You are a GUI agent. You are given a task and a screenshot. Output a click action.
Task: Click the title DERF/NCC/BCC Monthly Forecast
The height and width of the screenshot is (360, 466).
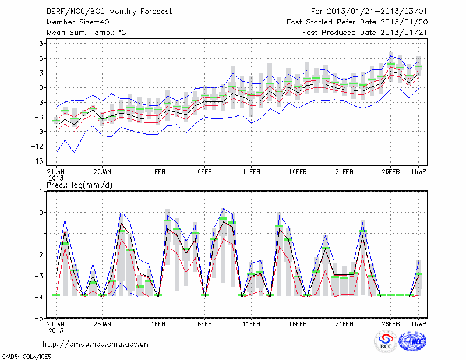click(110, 11)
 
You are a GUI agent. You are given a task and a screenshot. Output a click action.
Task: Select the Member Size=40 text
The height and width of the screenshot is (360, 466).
click(74, 22)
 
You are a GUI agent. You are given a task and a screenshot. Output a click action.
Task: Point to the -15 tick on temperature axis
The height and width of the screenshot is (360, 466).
click(40, 161)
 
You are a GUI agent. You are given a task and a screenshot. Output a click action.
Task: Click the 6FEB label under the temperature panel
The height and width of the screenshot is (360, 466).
click(204, 172)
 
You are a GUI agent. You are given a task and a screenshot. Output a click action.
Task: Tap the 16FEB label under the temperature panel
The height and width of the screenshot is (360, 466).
click(298, 172)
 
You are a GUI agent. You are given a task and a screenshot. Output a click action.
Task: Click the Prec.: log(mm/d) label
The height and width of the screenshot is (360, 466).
click(78, 185)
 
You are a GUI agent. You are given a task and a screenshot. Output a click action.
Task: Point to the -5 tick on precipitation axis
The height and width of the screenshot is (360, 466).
click(41, 319)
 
